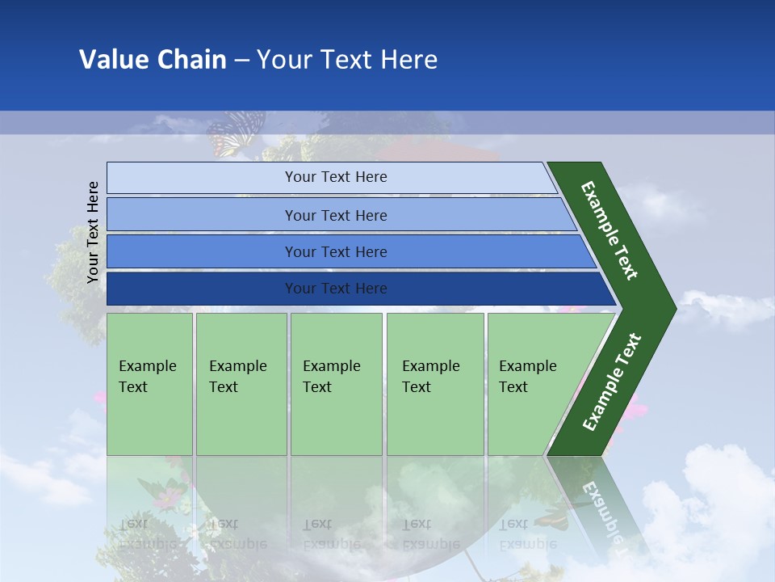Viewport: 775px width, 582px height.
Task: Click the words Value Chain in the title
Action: tap(153, 60)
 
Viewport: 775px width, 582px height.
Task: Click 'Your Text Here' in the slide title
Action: tap(347, 60)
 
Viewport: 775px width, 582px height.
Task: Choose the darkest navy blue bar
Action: tap(202, 289)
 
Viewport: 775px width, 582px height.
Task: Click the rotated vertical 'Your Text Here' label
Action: tap(93, 232)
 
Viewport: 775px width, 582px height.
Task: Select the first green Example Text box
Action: tap(149, 384)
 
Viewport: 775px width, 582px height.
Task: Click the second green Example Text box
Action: tap(241, 384)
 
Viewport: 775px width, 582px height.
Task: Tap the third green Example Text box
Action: tap(336, 384)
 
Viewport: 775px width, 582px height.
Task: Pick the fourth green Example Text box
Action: tap(434, 384)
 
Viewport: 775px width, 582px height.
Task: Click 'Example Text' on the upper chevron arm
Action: tap(610, 230)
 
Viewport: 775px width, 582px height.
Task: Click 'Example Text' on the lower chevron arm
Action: tap(612, 382)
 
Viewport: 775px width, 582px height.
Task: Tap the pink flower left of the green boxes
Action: tap(99, 397)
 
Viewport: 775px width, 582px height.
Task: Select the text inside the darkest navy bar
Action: tap(336, 289)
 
